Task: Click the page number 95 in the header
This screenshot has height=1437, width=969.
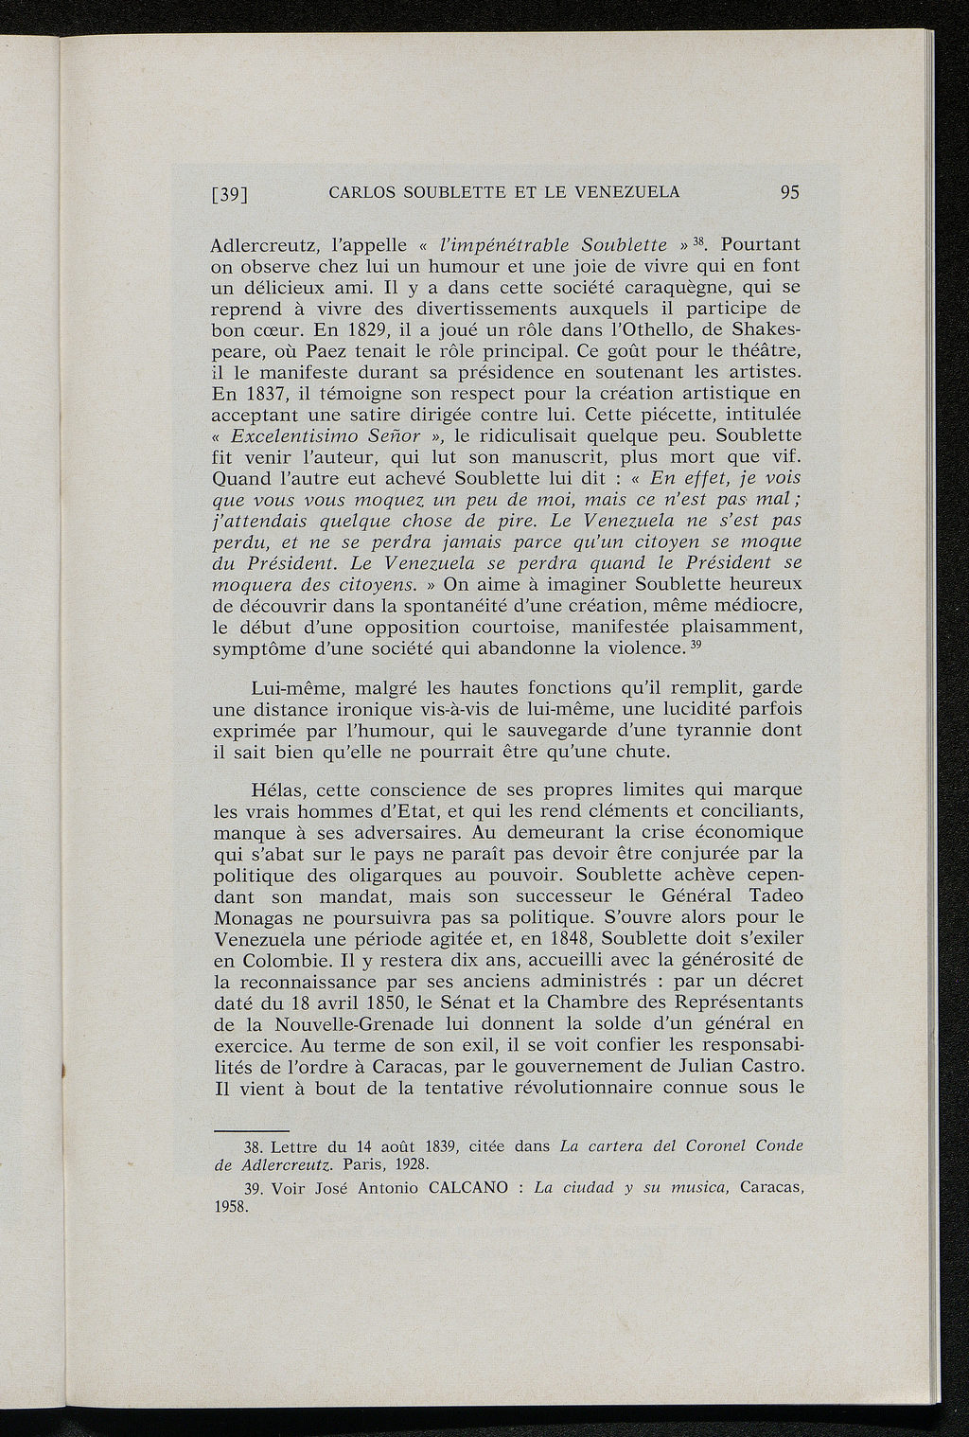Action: click(x=790, y=192)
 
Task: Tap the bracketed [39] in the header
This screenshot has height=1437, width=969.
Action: click(x=229, y=195)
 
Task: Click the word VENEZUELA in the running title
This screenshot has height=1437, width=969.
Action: click(x=633, y=192)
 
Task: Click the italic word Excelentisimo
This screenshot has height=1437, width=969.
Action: click(x=294, y=436)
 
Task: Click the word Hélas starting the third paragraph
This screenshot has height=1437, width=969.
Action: click(x=277, y=789)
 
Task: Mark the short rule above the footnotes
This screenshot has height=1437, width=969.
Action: click(x=252, y=1128)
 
